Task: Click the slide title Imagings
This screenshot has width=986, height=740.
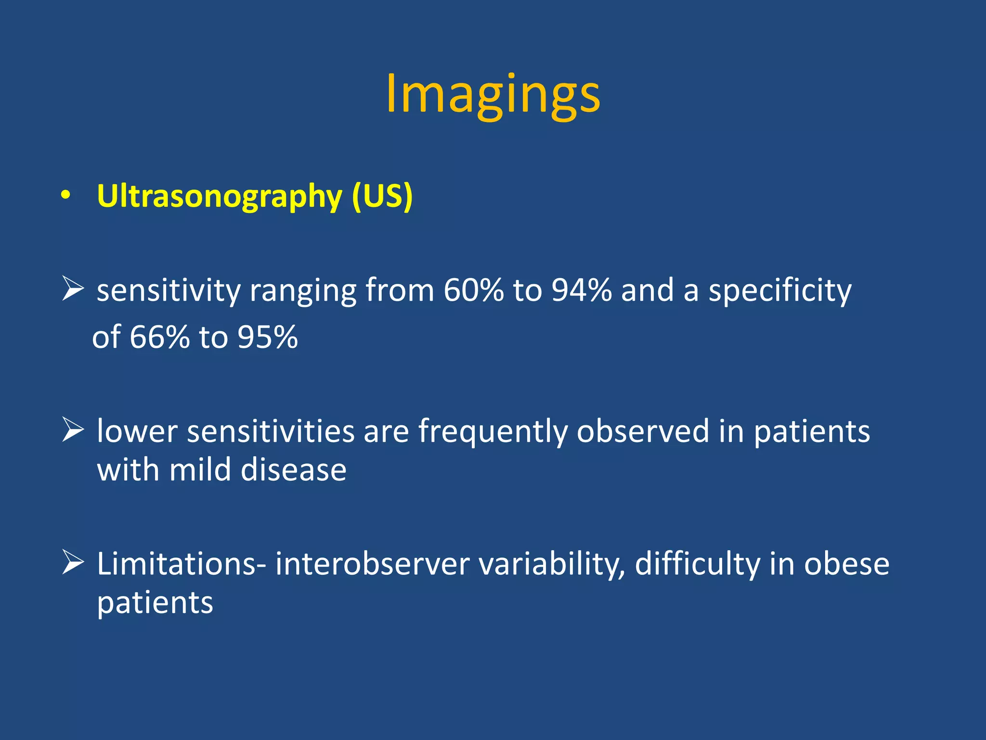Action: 493,94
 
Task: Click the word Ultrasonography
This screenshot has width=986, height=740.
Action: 219,196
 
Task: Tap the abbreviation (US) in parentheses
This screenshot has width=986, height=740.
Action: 382,196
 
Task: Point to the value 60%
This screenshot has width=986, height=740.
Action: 473,290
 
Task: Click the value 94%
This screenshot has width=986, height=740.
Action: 582,290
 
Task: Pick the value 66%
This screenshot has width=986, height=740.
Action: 159,337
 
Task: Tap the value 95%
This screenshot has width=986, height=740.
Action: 268,337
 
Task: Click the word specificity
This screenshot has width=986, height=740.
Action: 780,291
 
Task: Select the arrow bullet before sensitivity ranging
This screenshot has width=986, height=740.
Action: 73,290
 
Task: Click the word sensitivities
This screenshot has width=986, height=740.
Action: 271,431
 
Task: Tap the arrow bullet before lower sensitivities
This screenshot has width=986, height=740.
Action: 73,430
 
